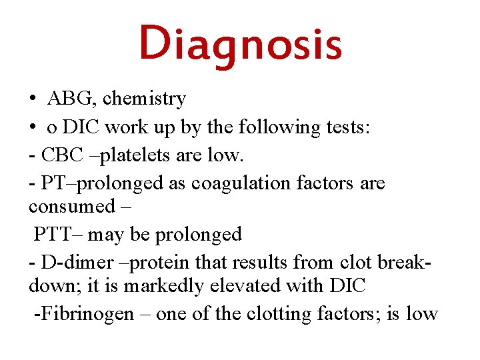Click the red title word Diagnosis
pos(240,44)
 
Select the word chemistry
pos(144,99)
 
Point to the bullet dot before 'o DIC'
pos(32,127)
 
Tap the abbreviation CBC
pos(61,155)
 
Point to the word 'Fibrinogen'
pos(86,314)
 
